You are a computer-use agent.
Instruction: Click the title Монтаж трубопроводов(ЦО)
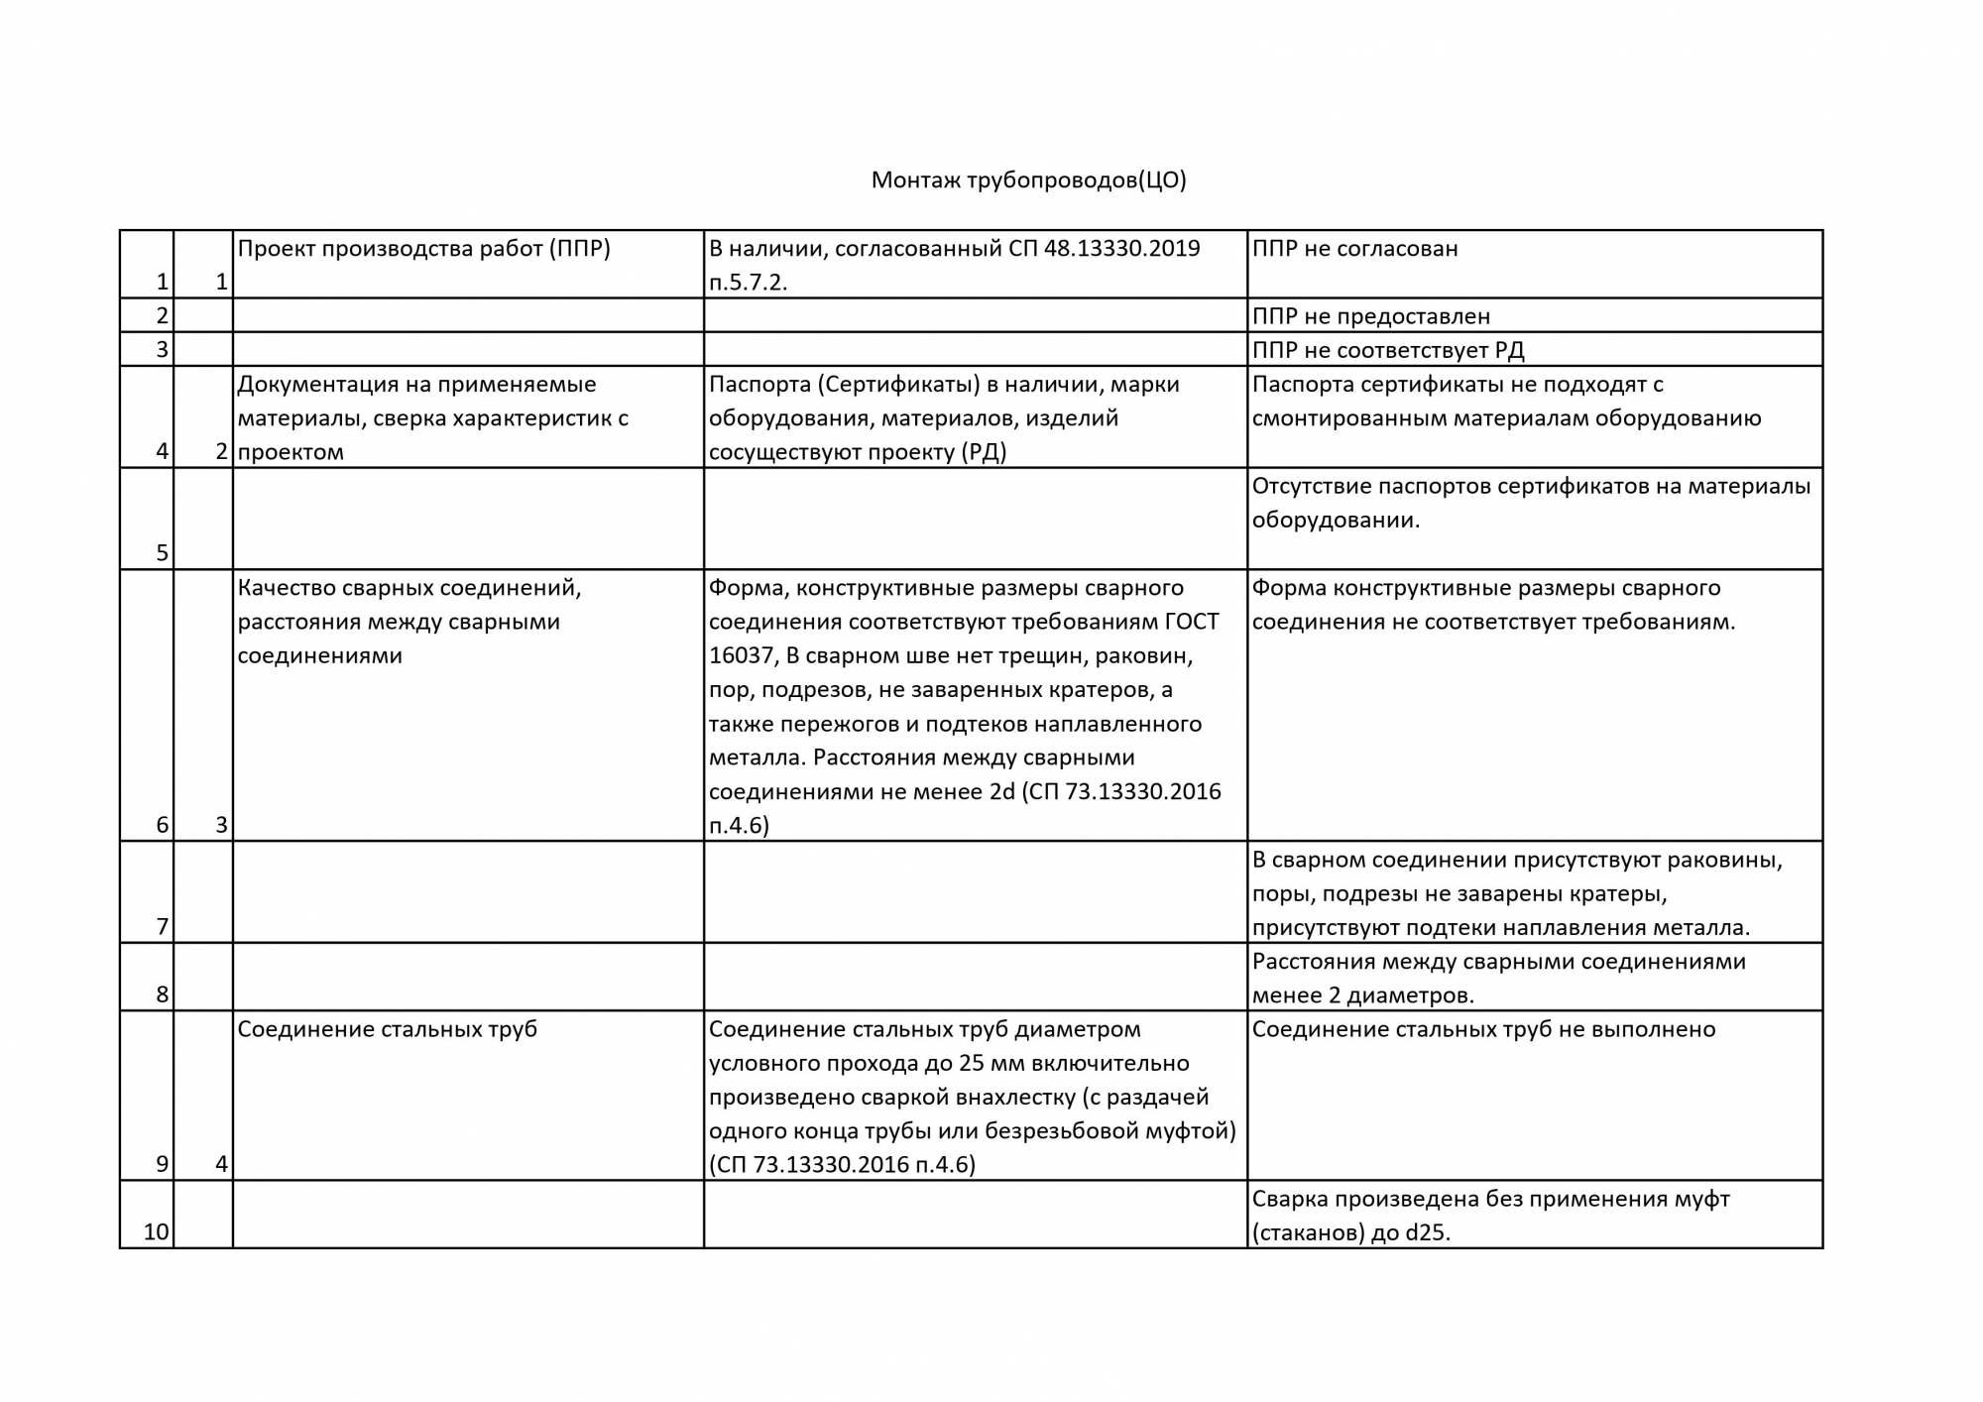pyautogui.click(x=1028, y=179)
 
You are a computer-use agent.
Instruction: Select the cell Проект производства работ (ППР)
pyautogui.click(x=423, y=248)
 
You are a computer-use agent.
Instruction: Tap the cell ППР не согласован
pyautogui.click(x=1354, y=248)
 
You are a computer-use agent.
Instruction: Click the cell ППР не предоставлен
pyautogui.click(x=1370, y=316)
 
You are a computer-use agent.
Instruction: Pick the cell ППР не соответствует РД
pyautogui.click(x=1387, y=350)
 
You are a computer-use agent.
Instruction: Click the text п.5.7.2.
pyautogui.click(x=748, y=283)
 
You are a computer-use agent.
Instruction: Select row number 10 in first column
pyautogui.click(x=157, y=1232)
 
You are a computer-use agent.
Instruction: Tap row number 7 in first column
pyautogui.click(x=163, y=927)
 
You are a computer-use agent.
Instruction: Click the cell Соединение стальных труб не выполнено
pyautogui.click(x=1483, y=1029)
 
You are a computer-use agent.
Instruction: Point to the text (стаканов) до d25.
pyautogui.click(x=1350, y=1233)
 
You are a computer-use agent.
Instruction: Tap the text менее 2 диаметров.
pyautogui.click(x=1362, y=995)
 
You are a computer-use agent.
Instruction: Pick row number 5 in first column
pyautogui.click(x=163, y=553)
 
